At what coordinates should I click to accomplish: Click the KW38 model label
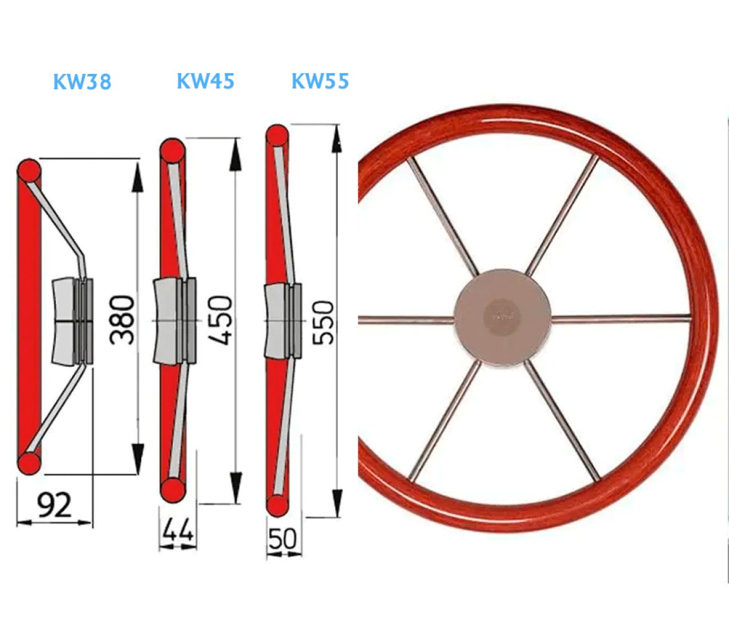pyautogui.click(x=82, y=81)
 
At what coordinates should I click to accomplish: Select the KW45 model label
pyautogui.click(x=206, y=81)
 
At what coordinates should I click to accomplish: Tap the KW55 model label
pyautogui.click(x=320, y=81)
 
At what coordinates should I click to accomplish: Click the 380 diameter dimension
pyautogui.click(x=122, y=320)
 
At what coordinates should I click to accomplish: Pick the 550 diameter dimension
pyautogui.click(x=323, y=322)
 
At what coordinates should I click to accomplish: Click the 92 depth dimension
pyautogui.click(x=55, y=505)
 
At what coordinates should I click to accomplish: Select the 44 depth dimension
pyautogui.click(x=177, y=529)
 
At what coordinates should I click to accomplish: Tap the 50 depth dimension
pyautogui.click(x=282, y=539)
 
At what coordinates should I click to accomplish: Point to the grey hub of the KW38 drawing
pyautogui.click(x=72, y=321)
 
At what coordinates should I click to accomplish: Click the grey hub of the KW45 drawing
pyautogui.click(x=175, y=320)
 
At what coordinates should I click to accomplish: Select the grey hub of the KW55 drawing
pyautogui.click(x=283, y=321)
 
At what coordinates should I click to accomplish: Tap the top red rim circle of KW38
pyautogui.click(x=29, y=171)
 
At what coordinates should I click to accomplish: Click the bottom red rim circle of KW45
pyautogui.click(x=172, y=490)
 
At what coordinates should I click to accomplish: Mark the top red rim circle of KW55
pyautogui.click(x=278, y=137)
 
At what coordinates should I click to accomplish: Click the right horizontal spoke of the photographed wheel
pyautogui.click(x=621, y=318)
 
